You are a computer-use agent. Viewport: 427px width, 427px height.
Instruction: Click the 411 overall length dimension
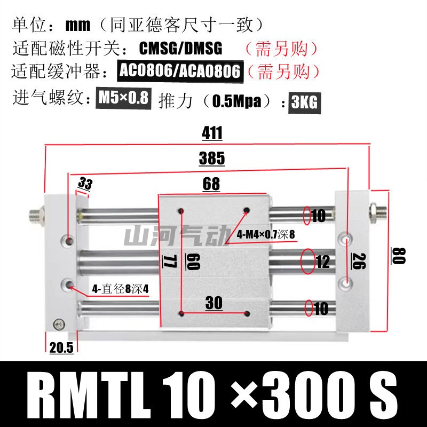(x=212, y=133)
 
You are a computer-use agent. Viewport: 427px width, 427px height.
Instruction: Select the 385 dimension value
(x=211, y=159)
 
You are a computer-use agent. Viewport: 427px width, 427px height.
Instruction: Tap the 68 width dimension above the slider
(x=211, y=184)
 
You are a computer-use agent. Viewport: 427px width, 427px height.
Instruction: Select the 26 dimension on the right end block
(x=359, y=261)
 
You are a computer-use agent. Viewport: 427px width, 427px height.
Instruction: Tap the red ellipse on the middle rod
(x=308, y=262)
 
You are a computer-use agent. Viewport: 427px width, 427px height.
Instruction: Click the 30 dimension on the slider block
(x=214, y=303)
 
